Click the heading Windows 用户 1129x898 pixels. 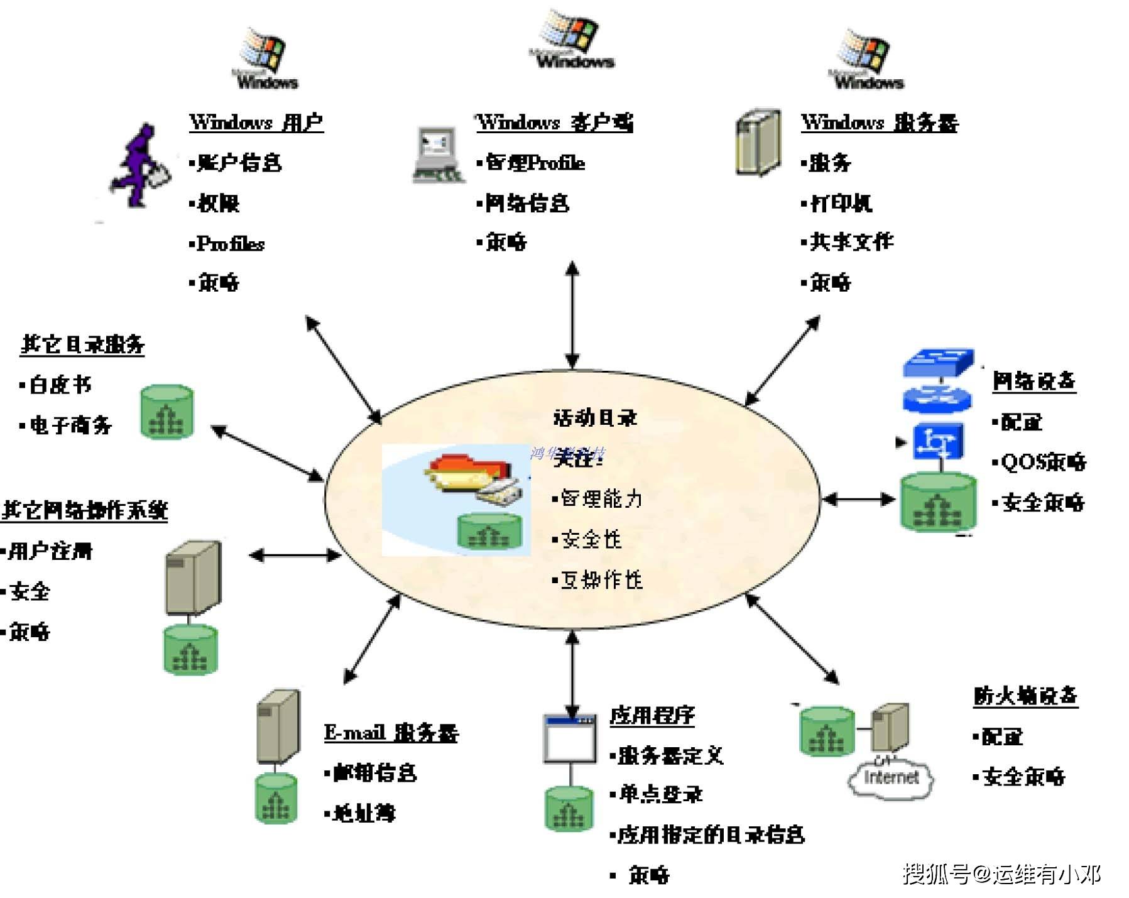(x=256, y=122)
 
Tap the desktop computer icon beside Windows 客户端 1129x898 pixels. (x=437, y=155)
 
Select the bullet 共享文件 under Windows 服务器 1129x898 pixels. (x=851, y=242)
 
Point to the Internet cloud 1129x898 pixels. (x=891, y=779)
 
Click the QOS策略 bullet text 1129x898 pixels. (x=1044, y=463)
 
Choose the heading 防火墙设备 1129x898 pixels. (x=1025, y=696)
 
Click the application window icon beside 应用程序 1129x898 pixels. (x=570, y=739)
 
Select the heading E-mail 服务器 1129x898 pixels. (x=391, y=733)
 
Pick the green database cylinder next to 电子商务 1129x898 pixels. (x=166, y=412)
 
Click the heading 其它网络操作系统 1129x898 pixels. (x=85, y=510)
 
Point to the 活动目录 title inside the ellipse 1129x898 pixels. (x=595, y=417)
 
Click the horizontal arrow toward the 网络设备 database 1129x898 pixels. (x=858, y=500)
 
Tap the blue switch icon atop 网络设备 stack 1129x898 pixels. (x=937, y=363)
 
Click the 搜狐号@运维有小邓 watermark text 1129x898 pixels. (x=1001, y=874)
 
